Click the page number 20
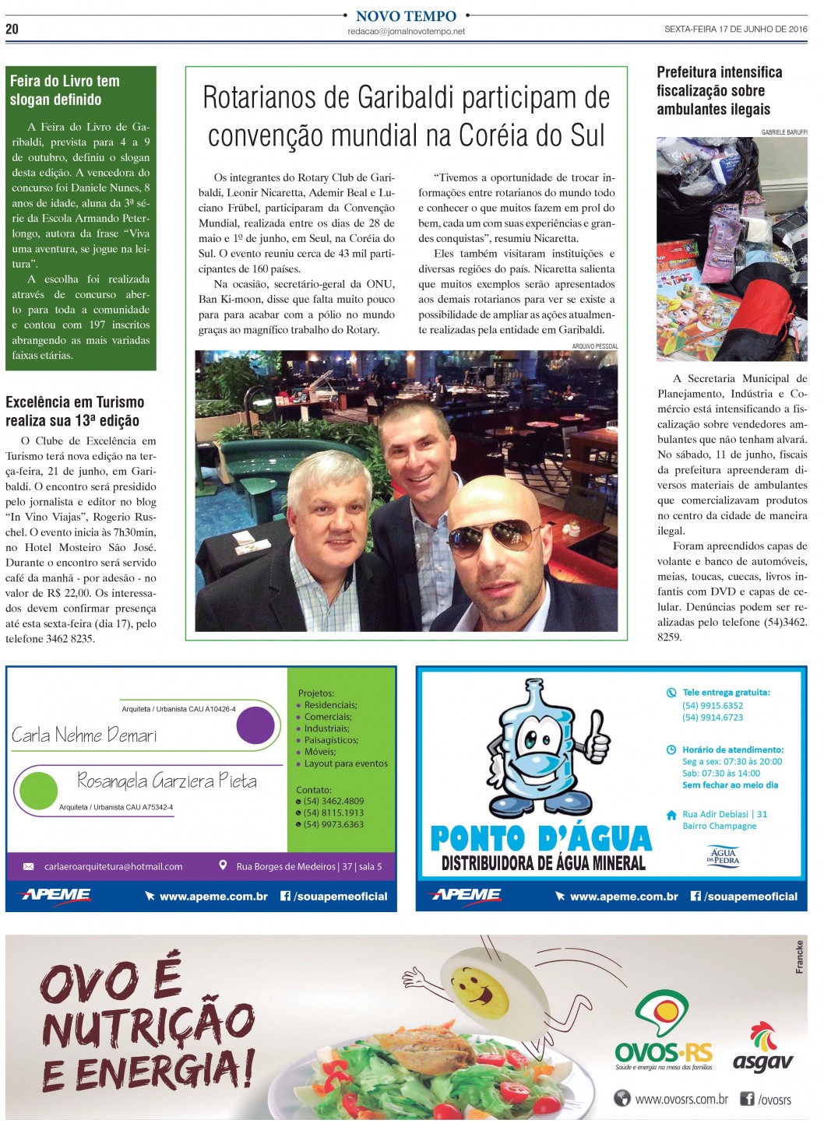12,29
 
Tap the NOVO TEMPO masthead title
406,16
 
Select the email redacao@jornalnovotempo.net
406,32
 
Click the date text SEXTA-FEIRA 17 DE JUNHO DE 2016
735,30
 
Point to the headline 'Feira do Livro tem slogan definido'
65,90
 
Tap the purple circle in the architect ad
255,725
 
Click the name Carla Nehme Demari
84,735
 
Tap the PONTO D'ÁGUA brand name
541,839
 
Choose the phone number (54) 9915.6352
713,706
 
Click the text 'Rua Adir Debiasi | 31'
724,814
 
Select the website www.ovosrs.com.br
681,1099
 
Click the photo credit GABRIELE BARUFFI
784,132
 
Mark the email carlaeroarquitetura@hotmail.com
114,866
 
